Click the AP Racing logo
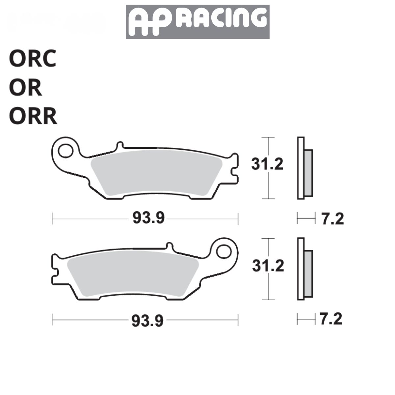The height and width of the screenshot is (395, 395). click(x=197, y=22)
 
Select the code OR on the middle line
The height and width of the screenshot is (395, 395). click(x=26, y=88)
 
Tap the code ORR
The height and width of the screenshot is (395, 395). click(x=33, y=117)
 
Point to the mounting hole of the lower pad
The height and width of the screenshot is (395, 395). click(x=224, y=252)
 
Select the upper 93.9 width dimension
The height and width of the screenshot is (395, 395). click(x=148, y=218)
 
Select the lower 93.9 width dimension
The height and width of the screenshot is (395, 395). click(x=147, y=320)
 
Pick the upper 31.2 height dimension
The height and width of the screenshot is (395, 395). click(x=267, y=164)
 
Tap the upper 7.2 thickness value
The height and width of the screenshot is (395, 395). click(x=332, y=219)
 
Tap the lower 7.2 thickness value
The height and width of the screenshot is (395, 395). click(x=331, y=319)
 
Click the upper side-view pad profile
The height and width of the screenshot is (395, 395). click(x=304, y=168)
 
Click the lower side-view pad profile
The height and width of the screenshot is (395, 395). click(x=304, y=269)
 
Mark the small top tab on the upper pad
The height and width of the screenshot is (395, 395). click(x=120, y=145)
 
